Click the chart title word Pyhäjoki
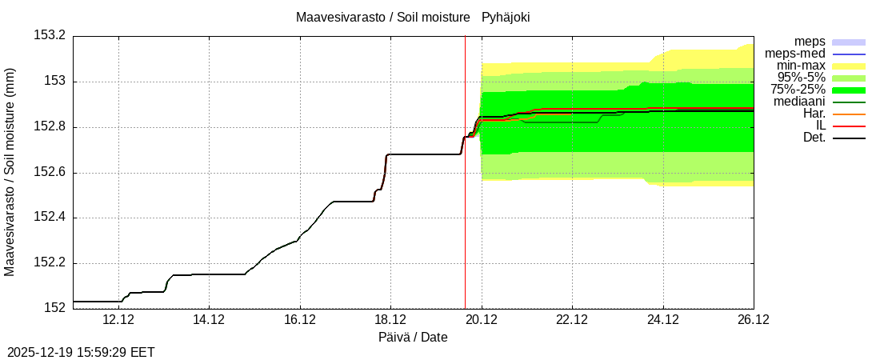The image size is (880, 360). (506, 17)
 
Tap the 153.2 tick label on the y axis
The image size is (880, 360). (50, 35)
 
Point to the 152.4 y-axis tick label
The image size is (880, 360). (50, 218)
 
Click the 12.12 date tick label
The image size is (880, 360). (118, 320)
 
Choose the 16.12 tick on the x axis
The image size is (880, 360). (300, 320)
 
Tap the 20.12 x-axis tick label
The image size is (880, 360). (482, 320)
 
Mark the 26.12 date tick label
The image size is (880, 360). (753, 320)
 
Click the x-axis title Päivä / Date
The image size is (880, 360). (413, 338)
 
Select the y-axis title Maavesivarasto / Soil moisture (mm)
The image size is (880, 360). (10, 171)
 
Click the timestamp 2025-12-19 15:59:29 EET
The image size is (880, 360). (81, 352)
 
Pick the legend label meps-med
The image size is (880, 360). (795, 54)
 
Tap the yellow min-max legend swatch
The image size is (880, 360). (849, 66)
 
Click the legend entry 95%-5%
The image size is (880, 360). (801, 78)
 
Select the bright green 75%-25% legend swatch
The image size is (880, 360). (849, 90)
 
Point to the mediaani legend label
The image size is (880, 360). (799, 102)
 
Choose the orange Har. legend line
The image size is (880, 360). (849, 114)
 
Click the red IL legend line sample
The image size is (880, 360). (849, 126)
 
